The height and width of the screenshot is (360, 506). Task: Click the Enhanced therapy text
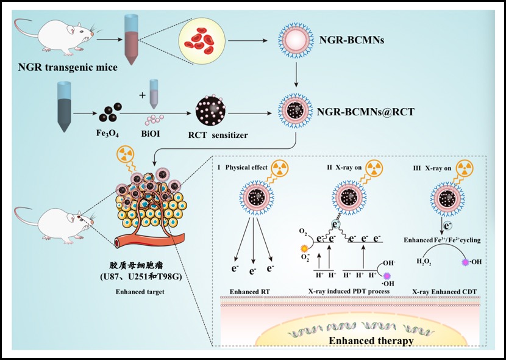click(x=371, y=340)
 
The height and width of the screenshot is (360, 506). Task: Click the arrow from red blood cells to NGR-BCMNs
click(x=250, y=42)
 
